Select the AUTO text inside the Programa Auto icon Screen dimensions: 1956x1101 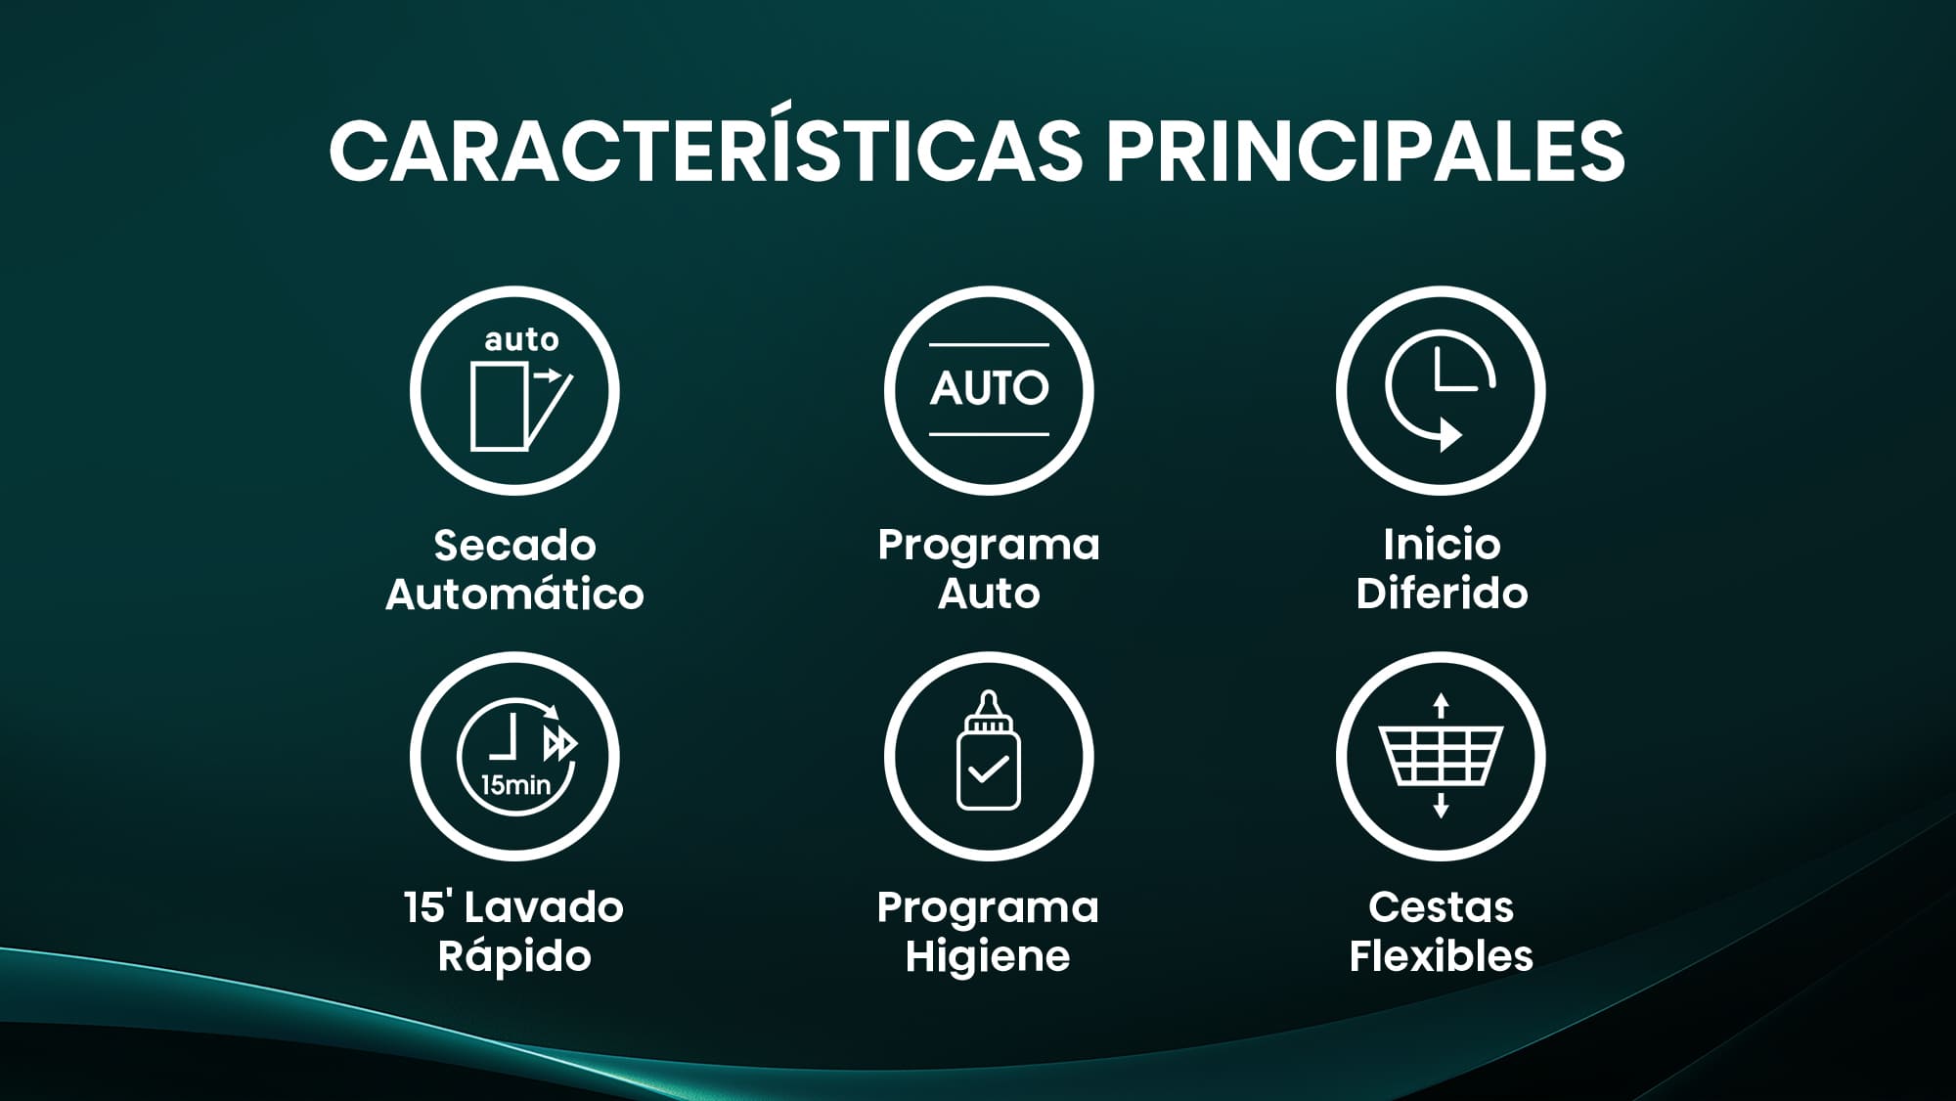[989, 388]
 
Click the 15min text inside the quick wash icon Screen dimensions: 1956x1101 [515, 784]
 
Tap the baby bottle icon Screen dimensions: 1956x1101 [988, 750]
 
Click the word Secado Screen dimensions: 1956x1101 [514, 546]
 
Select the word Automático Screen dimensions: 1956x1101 [514, 594]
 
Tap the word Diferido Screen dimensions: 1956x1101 [1442, 594]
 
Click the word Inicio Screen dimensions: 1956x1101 [1442, 545]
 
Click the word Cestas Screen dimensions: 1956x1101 [1441, 907]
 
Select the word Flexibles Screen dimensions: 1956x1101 [1441, 956]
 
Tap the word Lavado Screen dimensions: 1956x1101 [556, 907]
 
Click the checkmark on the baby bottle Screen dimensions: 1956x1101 [989, 769]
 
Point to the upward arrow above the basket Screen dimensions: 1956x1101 [1441, 705]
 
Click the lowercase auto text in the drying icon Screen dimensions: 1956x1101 [521, 339]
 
